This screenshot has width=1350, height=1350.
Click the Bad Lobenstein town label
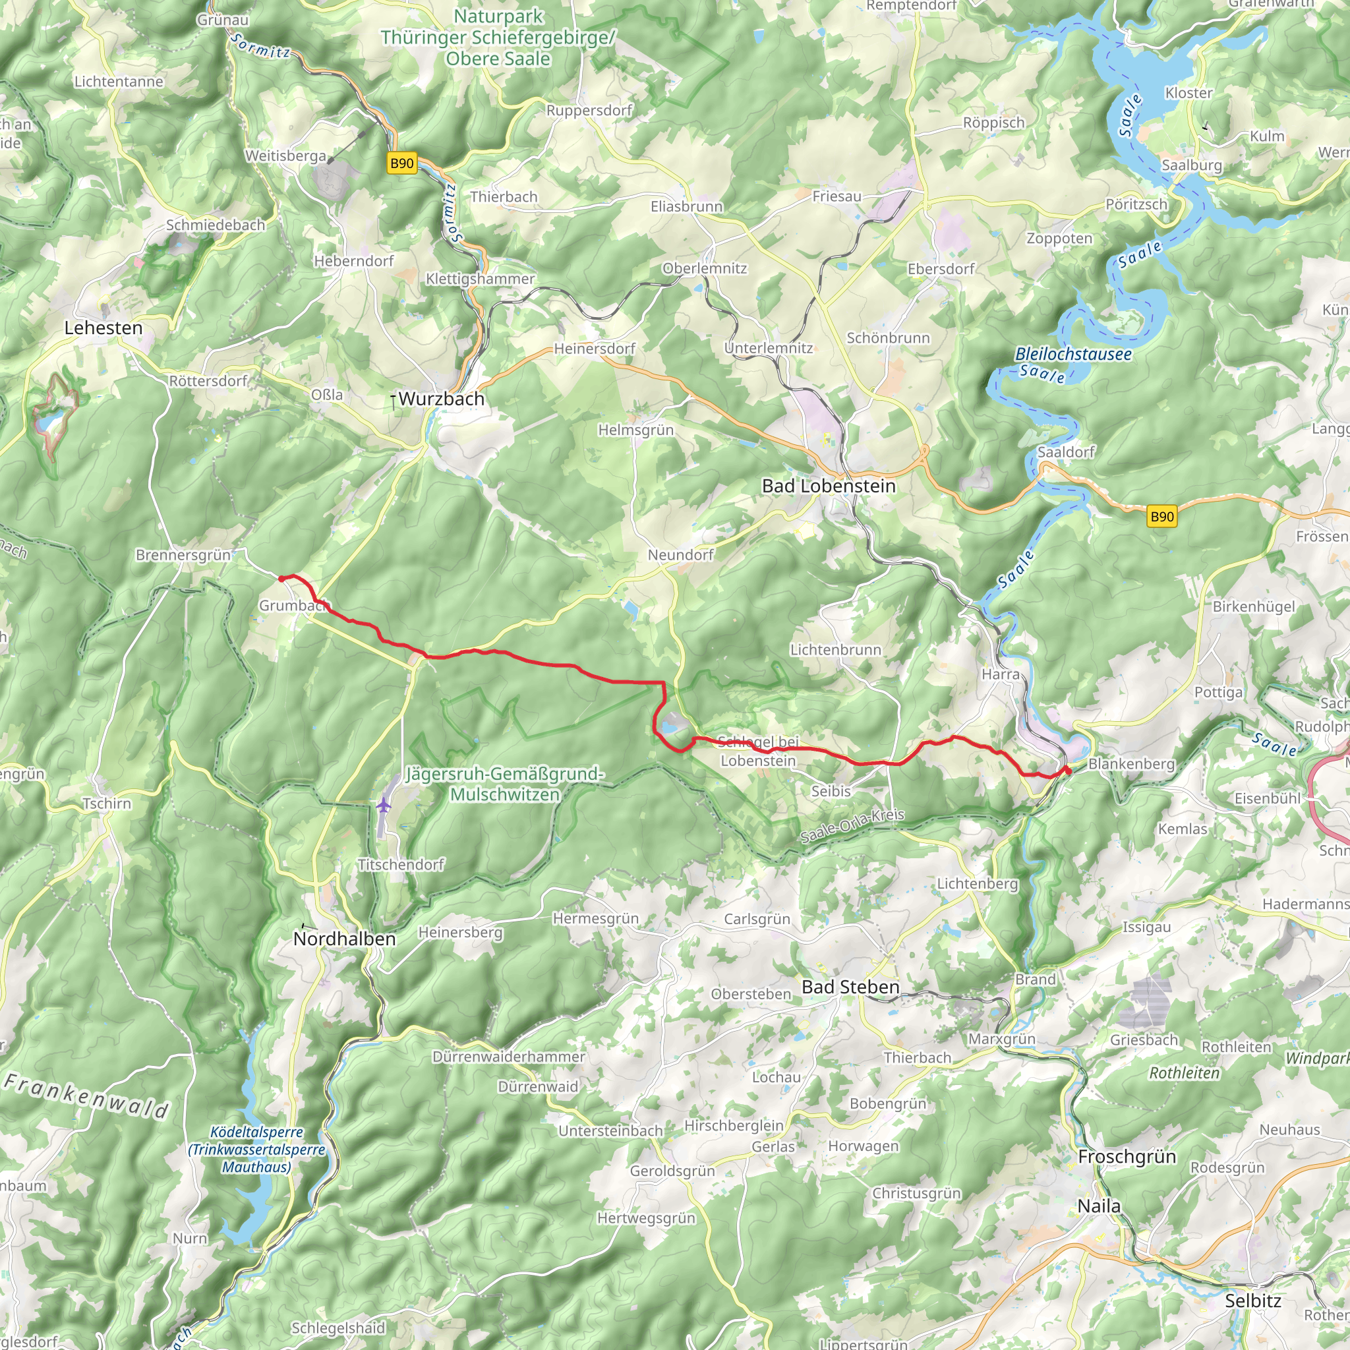[828, 486]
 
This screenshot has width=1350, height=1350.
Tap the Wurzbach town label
[441, 399]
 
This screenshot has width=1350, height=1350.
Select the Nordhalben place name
[345, 939]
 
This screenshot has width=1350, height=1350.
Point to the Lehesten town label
[103, 328]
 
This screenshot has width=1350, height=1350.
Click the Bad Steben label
[850, 987]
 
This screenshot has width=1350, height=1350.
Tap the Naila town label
[1098, 1206]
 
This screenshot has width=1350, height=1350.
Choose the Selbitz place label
[1253, 1301]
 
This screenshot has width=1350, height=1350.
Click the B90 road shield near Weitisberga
[402, 163]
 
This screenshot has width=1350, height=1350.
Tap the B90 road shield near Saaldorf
[1162, 516]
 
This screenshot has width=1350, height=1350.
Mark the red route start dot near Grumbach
[281, 579]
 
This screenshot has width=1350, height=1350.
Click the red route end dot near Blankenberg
[1069, 770]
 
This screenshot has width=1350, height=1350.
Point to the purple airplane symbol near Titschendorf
[383, 805]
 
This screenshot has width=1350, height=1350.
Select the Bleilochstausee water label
[1073, 354]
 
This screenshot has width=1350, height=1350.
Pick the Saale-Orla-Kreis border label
[852, 825]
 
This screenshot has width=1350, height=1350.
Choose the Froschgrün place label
[1127, 1156]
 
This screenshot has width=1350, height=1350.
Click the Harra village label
[1001, 674]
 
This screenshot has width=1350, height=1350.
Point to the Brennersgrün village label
[183, 555]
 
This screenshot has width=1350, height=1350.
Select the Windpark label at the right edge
[1317, 1059]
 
